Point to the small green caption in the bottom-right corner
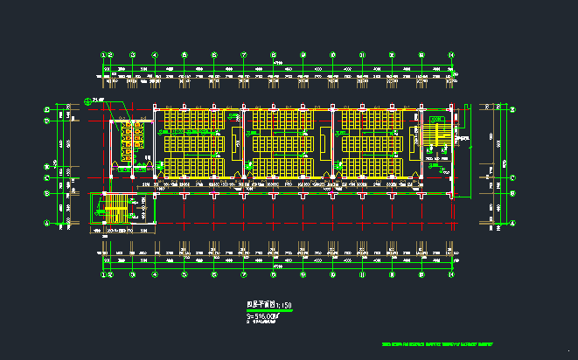[x=437, y=343]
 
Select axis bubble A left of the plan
[x=47, y=222]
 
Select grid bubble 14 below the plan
[x=451, y=274]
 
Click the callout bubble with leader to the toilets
[x=87, y=100]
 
